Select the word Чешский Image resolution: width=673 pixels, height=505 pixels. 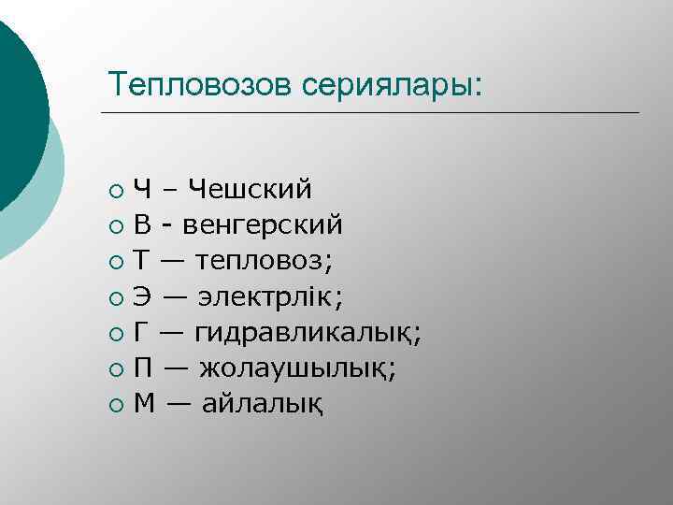(x=249, y=189)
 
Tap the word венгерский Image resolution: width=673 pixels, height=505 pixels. (x=263, y=225)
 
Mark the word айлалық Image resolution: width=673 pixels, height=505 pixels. (x=265, y=404)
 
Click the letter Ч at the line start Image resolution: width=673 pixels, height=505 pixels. (x=143, y=189)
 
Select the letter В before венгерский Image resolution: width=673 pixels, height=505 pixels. (x=142, y=225)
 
